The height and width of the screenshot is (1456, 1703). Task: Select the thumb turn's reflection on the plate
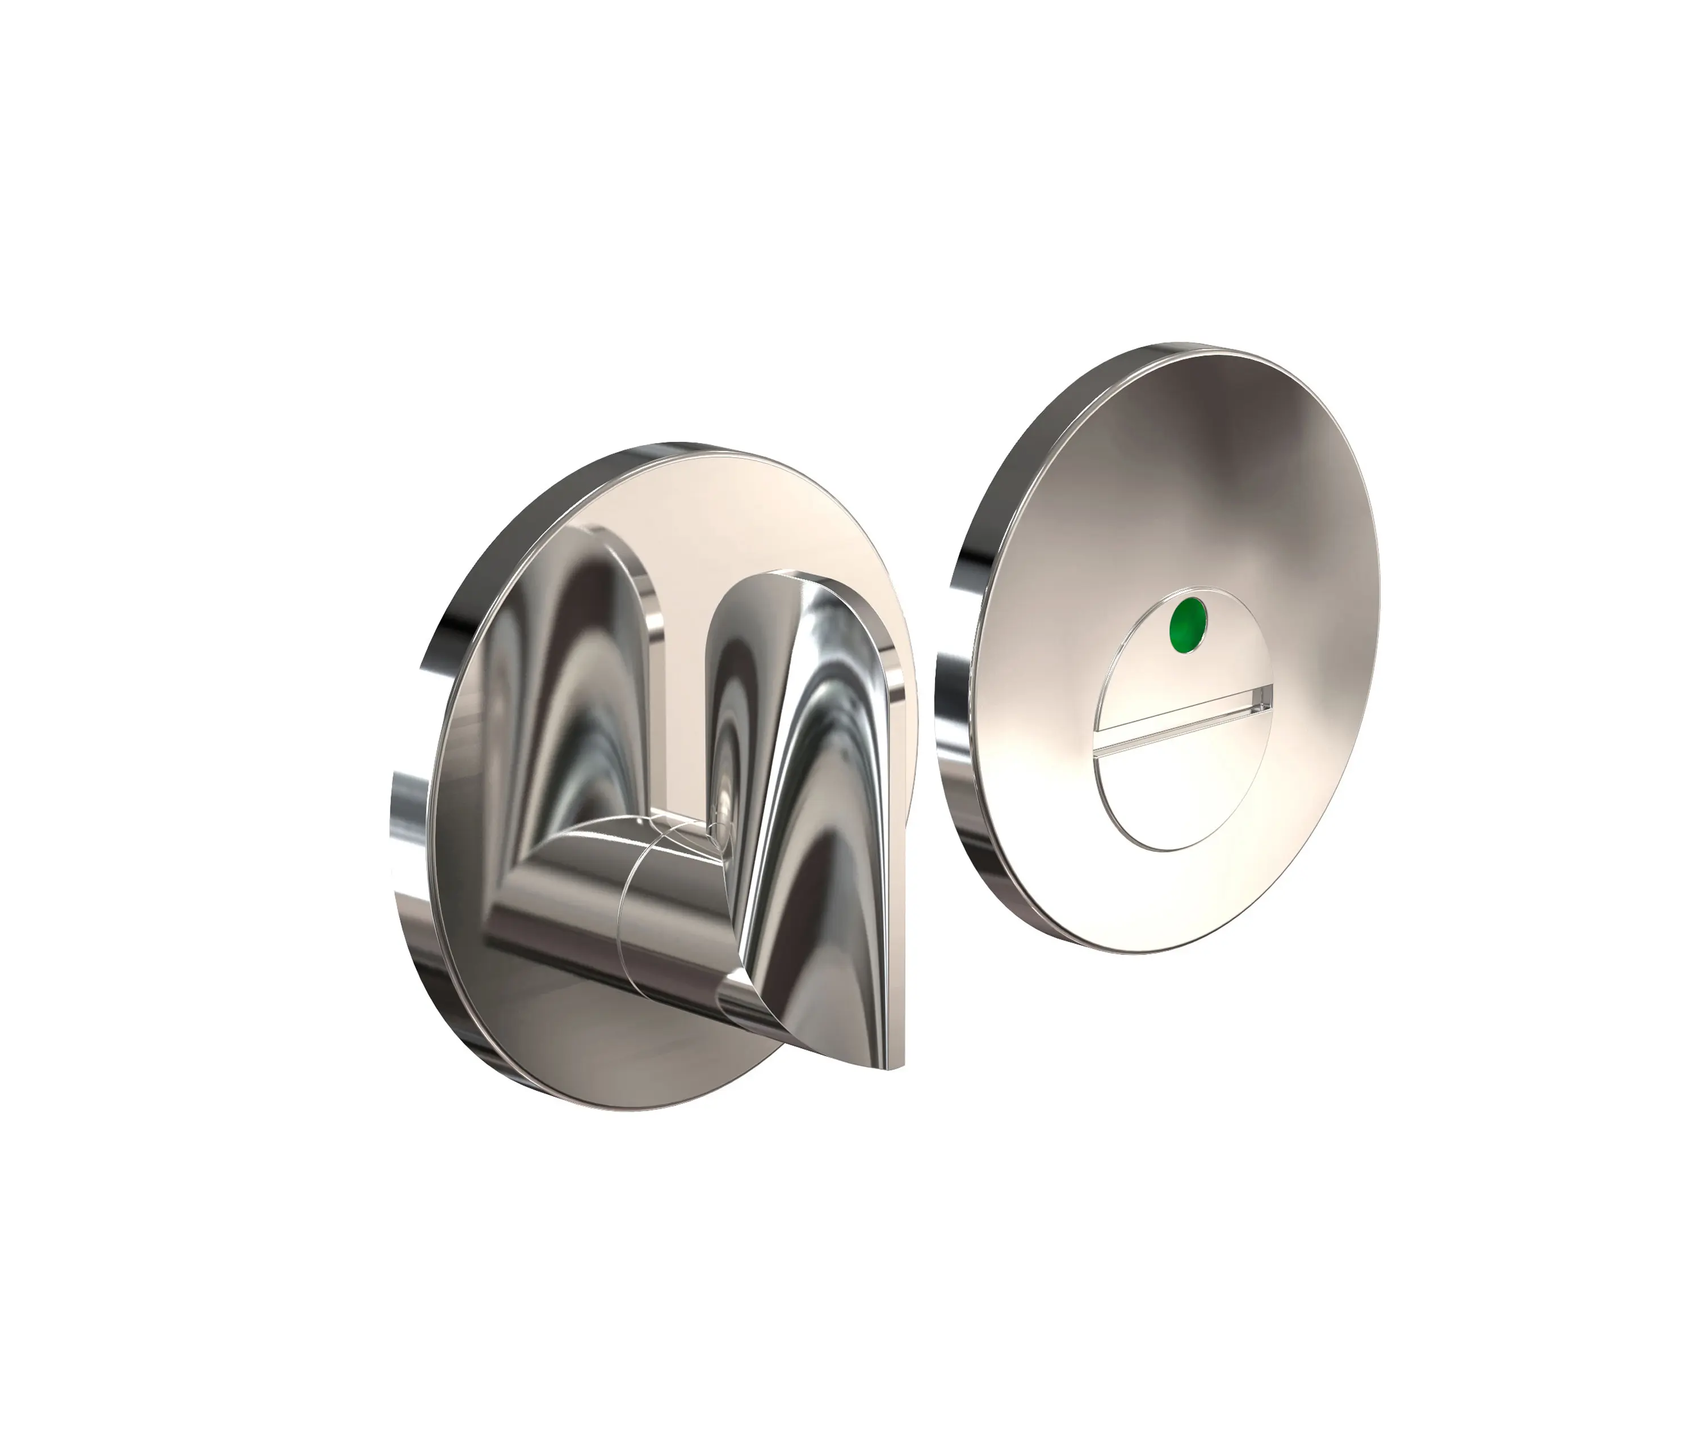click(x=559, y=699)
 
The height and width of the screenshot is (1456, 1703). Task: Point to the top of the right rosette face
click(x=1233, y=428)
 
